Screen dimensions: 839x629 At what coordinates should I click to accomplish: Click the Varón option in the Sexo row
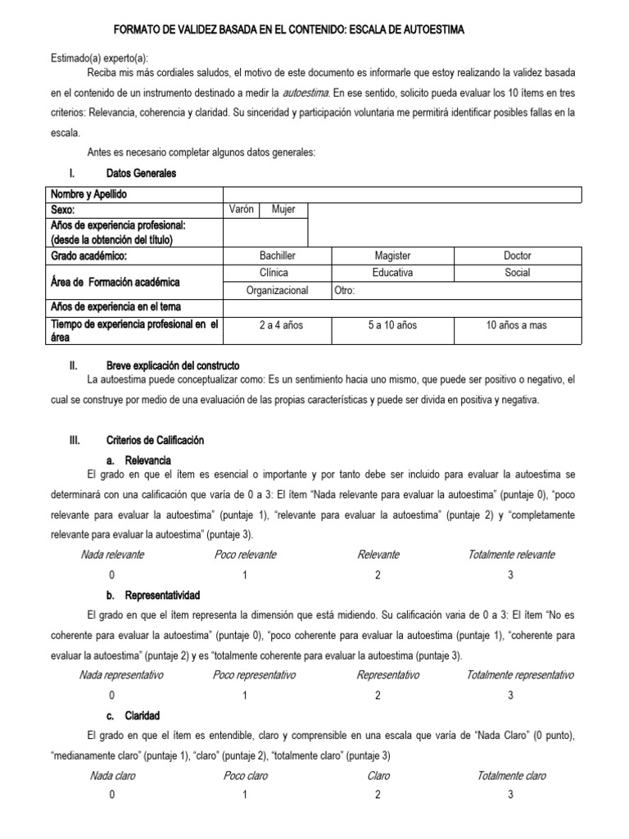241,210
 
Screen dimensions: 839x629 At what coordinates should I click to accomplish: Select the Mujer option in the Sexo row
283,210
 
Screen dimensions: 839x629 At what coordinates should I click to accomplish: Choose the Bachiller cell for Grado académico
277,256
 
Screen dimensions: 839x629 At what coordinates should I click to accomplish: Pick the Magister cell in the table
392,256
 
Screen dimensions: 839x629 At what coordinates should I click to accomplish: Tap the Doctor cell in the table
517,256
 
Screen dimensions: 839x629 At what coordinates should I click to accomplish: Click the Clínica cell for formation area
277,272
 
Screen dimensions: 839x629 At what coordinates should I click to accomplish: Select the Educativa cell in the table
392,272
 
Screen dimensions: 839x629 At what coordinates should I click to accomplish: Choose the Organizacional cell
277,290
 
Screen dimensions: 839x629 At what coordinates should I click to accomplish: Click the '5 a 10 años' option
392,325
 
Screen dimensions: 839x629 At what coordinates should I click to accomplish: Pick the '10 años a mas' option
517,325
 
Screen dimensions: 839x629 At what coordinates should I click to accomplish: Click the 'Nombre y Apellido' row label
88,194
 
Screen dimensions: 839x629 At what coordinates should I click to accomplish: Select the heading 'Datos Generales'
141,174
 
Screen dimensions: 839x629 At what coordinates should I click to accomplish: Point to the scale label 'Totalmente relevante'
511,555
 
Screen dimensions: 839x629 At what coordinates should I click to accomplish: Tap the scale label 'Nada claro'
112,775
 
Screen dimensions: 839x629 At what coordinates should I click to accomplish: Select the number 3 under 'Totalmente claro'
510,795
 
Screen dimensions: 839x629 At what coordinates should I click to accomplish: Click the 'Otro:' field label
345,290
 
